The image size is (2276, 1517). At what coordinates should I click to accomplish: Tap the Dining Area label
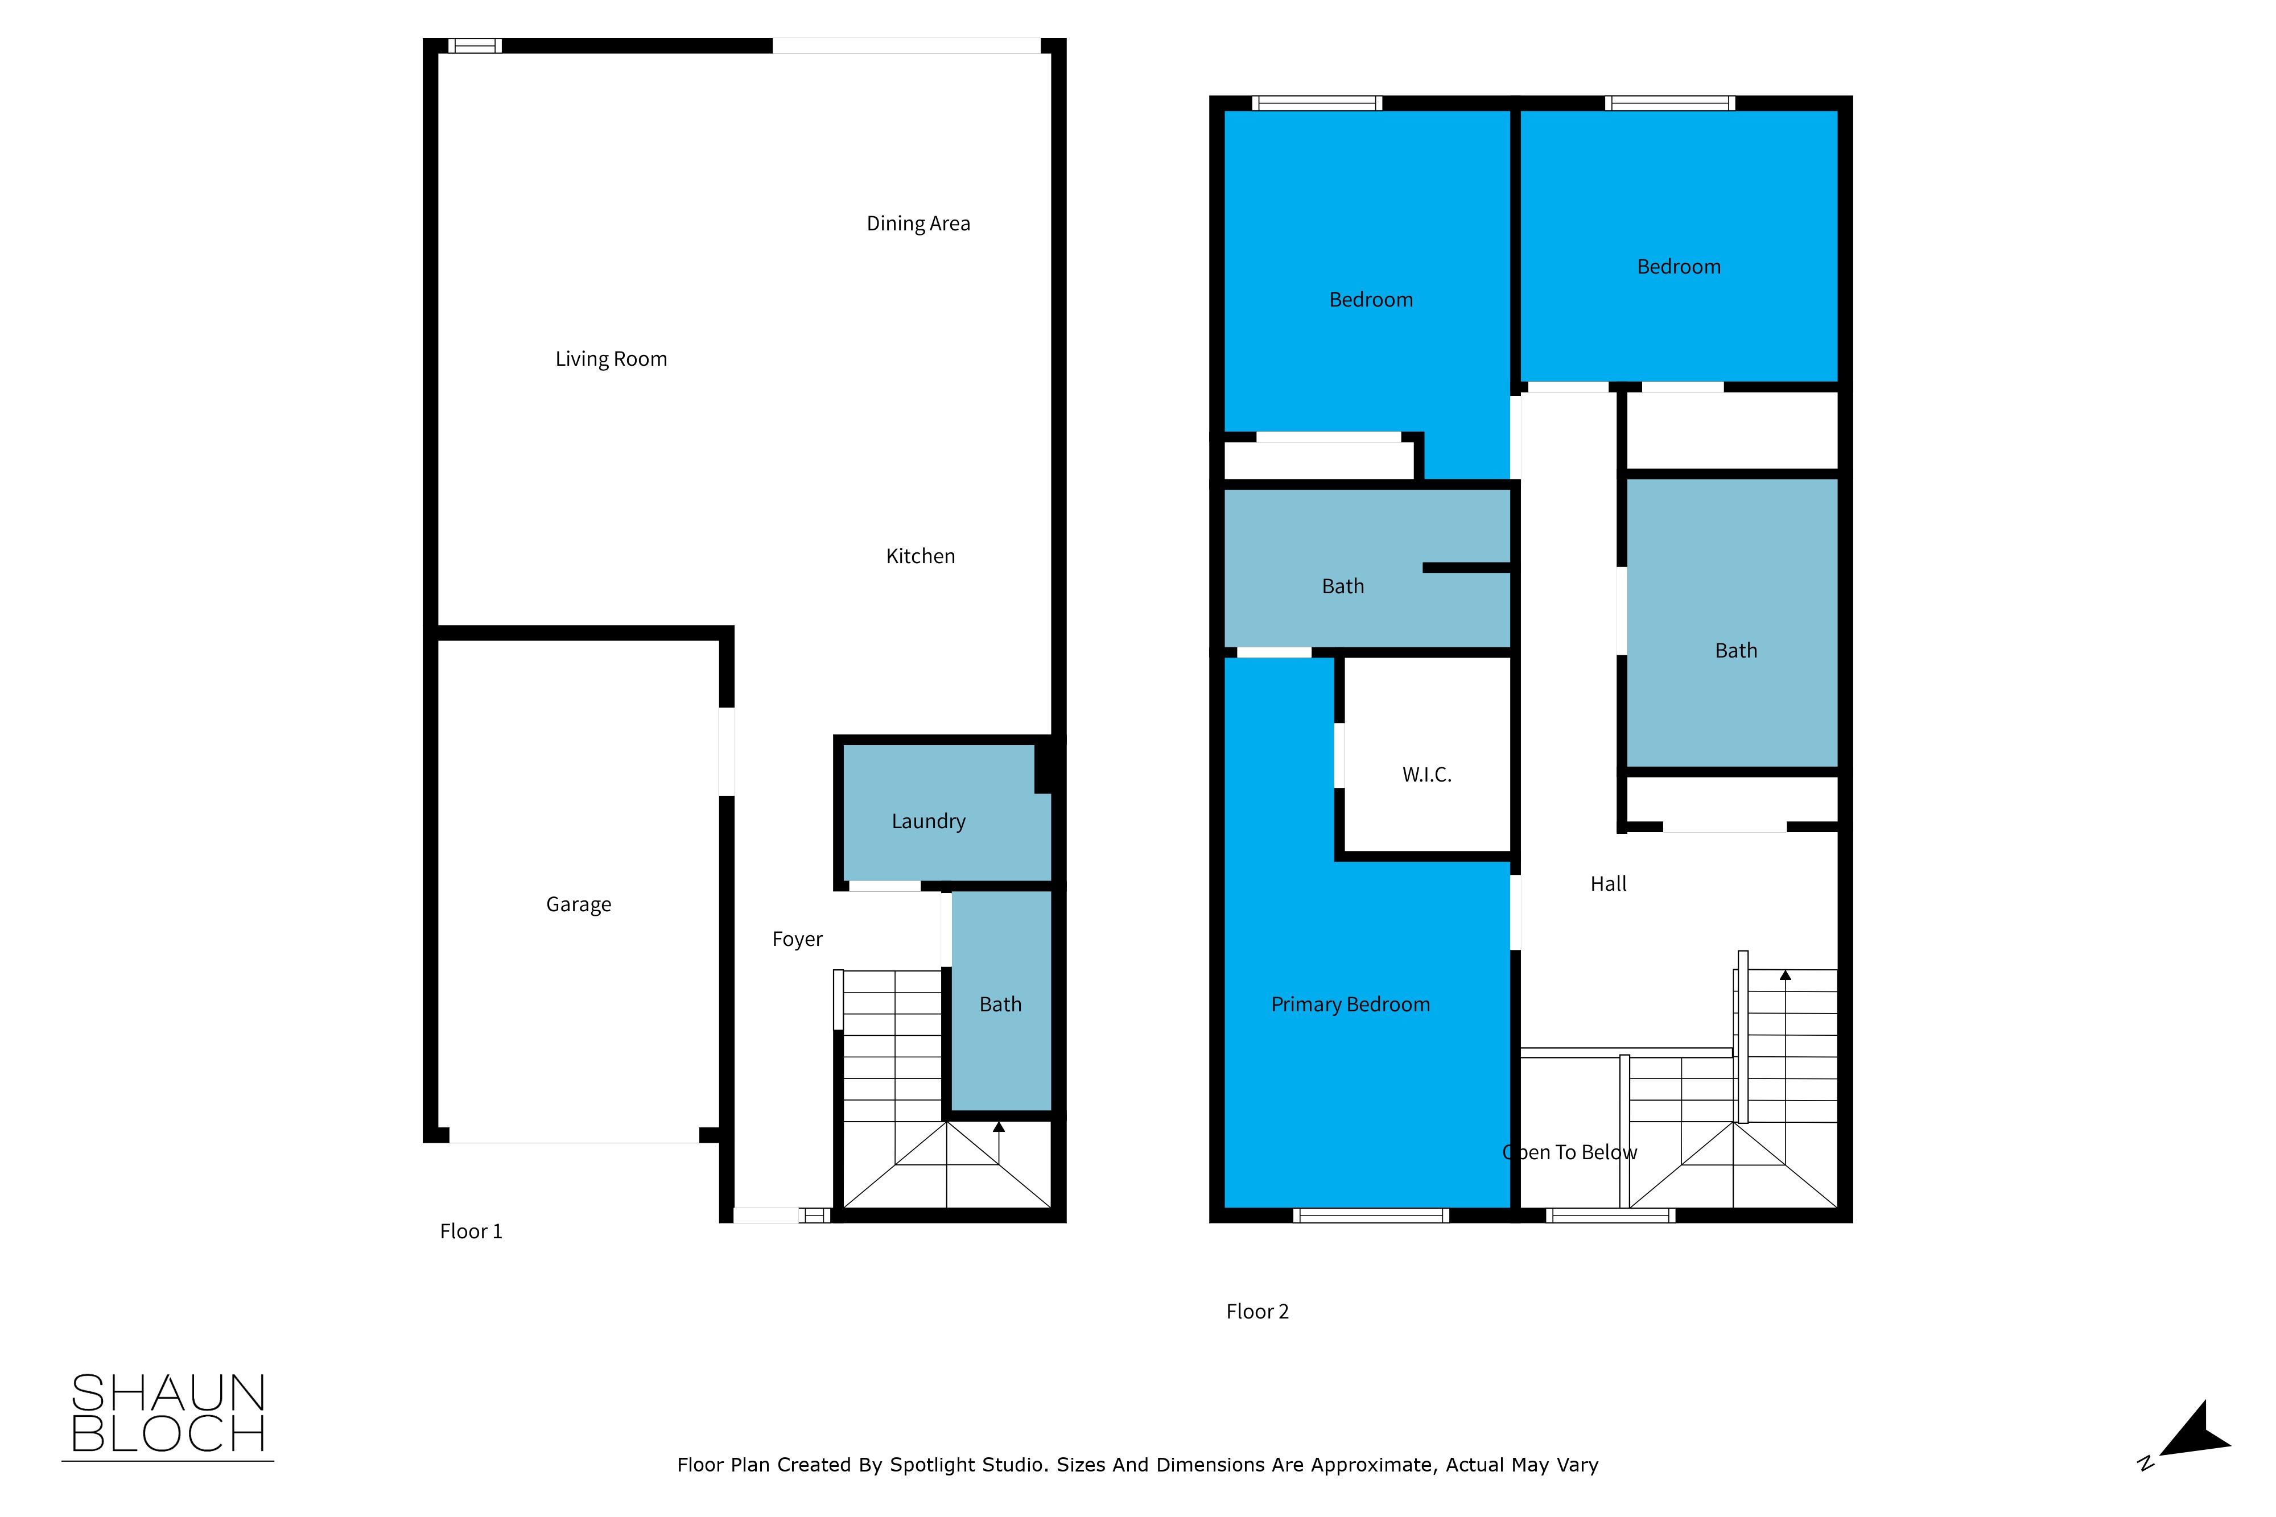pos(918,224)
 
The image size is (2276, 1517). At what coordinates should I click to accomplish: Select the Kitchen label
pos(920,556)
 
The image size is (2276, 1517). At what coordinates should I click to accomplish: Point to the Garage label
pos(579,904)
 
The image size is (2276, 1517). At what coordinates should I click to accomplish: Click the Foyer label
pos(797,940)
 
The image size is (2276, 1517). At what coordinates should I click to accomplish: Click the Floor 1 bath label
pos(1001,1005)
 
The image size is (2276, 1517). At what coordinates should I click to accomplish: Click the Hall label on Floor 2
pos(1609,883)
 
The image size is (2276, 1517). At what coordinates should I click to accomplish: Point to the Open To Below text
pos(1570,1152)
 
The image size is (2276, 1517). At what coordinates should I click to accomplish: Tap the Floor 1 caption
pos(471,1231)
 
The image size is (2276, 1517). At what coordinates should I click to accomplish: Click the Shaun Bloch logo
pos(168,1415)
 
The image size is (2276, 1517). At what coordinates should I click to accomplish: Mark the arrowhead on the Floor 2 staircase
pos(1786,975)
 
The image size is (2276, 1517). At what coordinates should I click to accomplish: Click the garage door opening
pos(575,1136)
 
